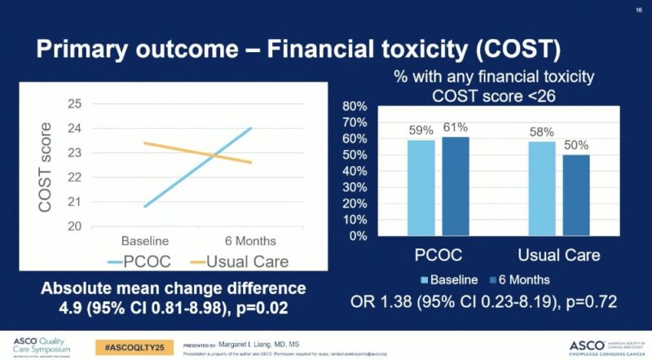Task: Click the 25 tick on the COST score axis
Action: (75, 103)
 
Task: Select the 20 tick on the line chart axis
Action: (75, 226)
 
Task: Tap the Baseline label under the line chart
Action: (145, 241)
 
